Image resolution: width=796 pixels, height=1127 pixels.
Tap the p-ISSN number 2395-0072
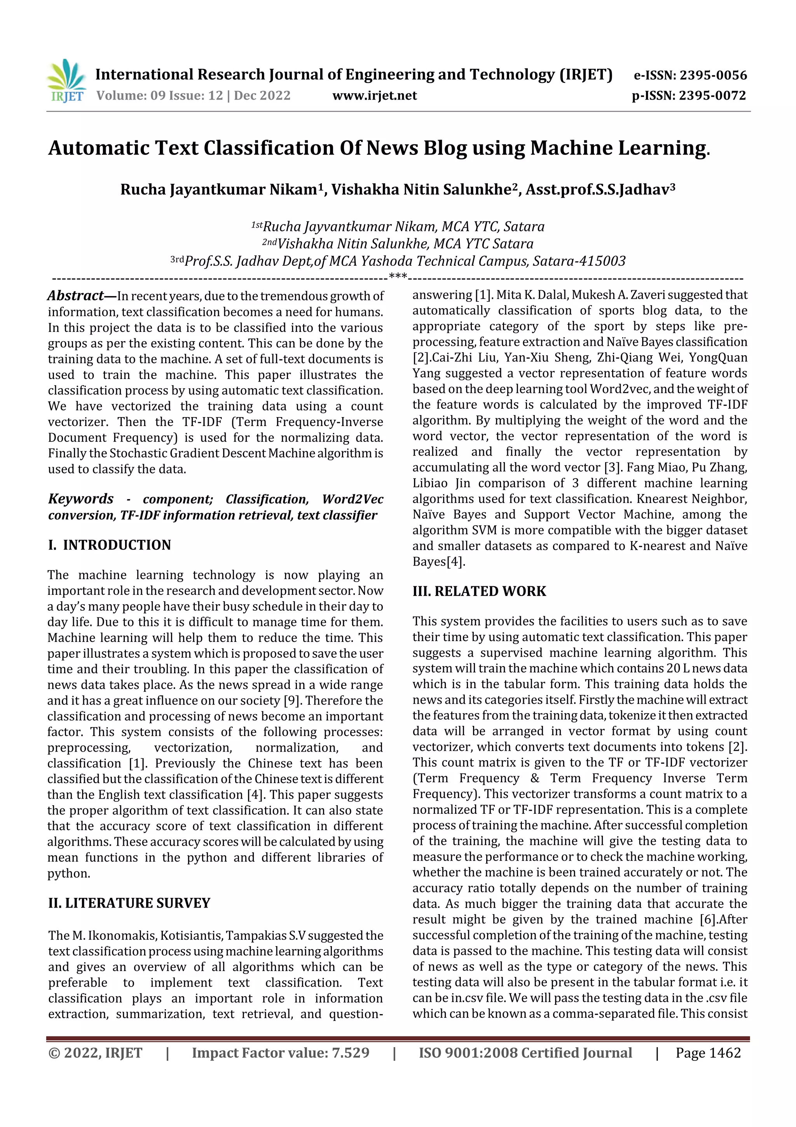click(x=712, y=96)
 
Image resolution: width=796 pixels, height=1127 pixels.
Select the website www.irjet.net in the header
click(x=374, y=96)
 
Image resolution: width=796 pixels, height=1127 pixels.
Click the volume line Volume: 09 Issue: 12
click(x=159, y=96)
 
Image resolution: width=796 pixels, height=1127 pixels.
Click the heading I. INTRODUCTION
click(x=109, y=545)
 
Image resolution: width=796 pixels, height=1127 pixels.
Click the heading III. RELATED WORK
click(x=479, y=591)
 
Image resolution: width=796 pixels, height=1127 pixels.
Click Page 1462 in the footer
click(x=708, y=1053)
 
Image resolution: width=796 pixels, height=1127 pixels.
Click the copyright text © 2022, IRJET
click(x=95, y=1053)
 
